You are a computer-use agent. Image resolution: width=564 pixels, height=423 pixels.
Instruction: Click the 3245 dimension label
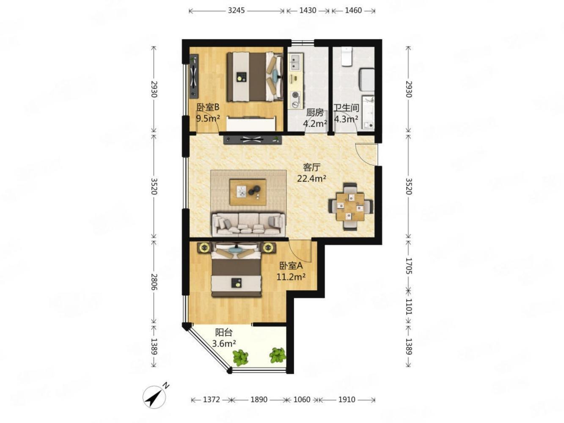click(236, 11)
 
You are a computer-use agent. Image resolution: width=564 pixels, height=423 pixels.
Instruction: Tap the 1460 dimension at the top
click(353, 11)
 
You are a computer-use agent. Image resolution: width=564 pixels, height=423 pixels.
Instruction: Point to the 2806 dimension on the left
click(154, 282)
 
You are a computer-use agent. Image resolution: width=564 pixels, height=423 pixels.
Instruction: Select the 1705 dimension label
click(409, 266)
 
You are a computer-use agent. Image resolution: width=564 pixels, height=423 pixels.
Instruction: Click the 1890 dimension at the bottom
click(259, 400)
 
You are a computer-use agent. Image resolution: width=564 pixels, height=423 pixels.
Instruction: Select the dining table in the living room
click(350, 206)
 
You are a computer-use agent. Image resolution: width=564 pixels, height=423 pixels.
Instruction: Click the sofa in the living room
click(249, 224)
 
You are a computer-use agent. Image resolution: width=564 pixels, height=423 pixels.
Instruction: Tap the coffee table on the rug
click(248, 192)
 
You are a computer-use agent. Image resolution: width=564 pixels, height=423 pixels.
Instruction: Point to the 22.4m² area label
click(311, 178)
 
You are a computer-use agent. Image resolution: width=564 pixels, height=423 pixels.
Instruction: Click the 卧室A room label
click(291, 266)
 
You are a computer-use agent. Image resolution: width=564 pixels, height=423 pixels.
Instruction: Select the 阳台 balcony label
click(223, 332)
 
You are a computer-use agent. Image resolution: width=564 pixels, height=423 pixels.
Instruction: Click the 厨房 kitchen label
click(314, 113)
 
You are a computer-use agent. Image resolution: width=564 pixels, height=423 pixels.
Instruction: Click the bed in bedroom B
click(254, 77)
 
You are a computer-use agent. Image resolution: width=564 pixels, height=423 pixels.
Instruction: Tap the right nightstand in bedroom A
click(269, 247)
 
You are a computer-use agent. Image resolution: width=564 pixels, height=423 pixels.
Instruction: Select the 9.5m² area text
click(208, 118)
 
